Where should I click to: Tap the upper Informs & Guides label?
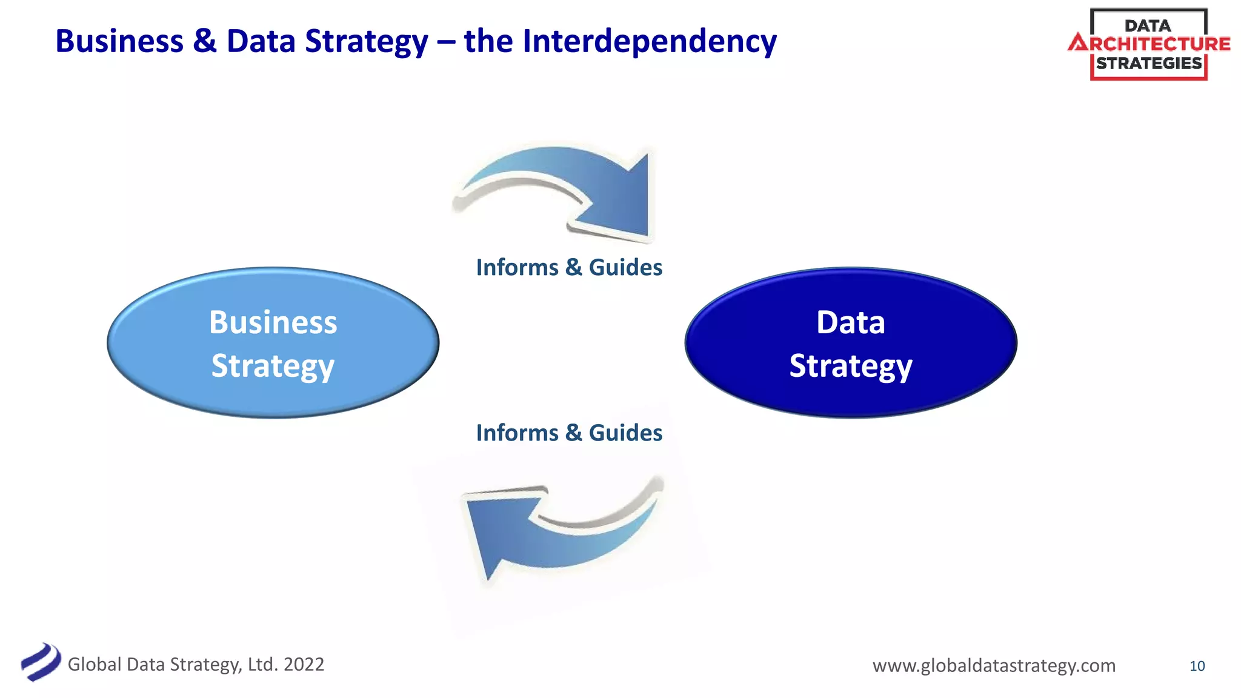click(x=568, y=267)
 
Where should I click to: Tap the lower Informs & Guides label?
click(x=568, y=433)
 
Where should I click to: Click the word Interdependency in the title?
click(x=649, y=41)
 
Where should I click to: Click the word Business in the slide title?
click(x=119, y=41)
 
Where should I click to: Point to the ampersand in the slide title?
click(x=205, y=41)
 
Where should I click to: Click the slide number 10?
click(x=1197, y=666)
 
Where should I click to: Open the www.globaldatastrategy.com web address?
click(x=994, y=665)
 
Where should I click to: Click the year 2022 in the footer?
click(x=304, y=664)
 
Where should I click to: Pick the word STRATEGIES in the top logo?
click(x=1149, y=63)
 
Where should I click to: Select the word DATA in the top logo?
click(x=1148, y=25)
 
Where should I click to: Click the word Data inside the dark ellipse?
click(x=850, y=322)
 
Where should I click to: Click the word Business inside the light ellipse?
click(x=273, y=322)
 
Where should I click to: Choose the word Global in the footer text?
click(x=95, y=664)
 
